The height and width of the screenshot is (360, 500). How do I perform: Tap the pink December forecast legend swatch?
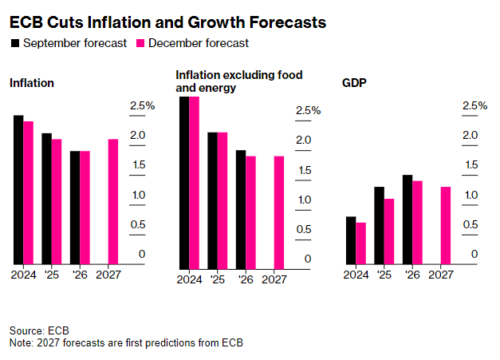143,43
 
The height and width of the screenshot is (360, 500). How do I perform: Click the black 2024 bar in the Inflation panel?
18,189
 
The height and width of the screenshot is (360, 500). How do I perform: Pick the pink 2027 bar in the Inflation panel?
113,201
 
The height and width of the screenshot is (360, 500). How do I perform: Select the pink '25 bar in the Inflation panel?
57,201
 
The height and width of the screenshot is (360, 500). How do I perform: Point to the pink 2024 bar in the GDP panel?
360,243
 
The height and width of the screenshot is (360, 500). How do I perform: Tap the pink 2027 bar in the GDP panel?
446,225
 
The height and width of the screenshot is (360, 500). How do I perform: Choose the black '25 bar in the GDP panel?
379,225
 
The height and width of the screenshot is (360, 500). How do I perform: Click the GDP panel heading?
353,82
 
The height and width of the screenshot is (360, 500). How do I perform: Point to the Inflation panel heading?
32,82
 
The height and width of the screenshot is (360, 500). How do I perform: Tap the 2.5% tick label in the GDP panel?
474,105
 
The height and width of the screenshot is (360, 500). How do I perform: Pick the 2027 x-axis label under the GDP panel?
440,274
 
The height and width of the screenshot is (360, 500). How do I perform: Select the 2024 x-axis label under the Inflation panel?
23,274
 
